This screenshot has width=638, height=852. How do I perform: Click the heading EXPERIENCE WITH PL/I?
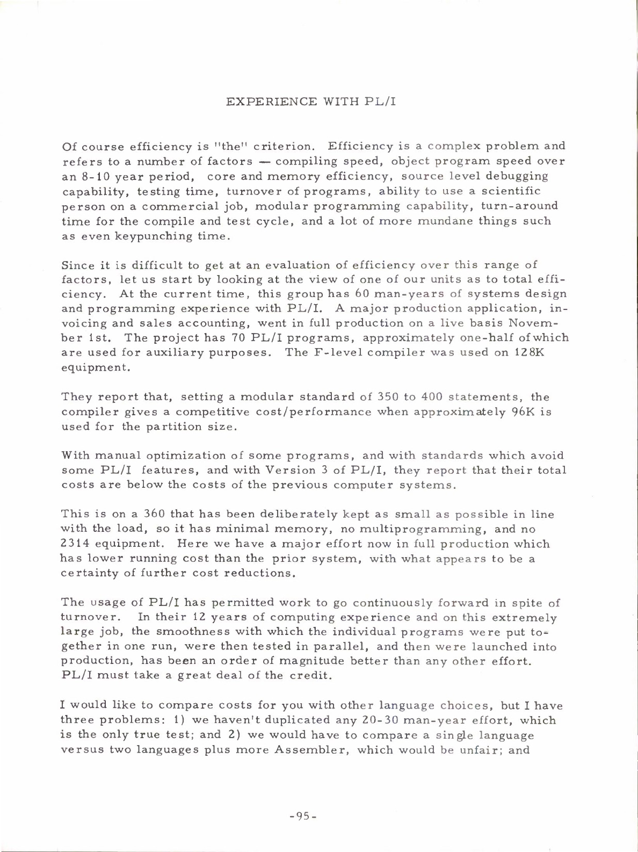(311, 102)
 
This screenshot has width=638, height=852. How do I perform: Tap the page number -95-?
(303, 816)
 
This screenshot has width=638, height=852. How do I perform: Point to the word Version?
(291, 471)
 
